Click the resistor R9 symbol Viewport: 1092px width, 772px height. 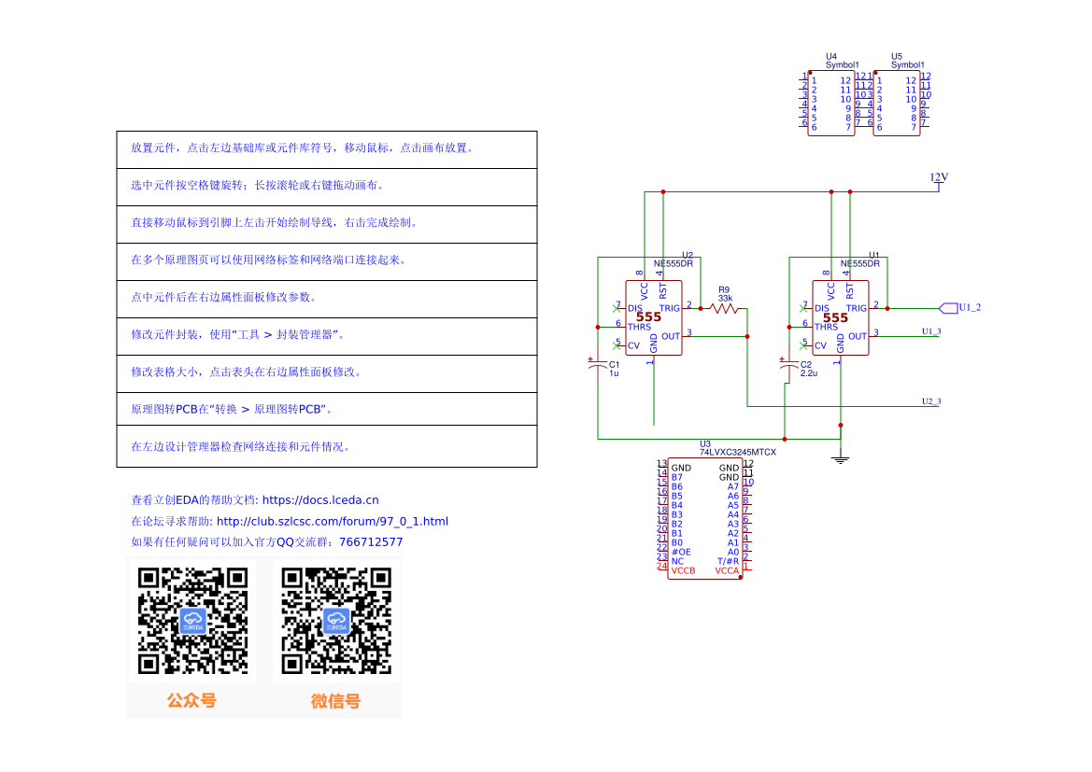(x=723, y=307)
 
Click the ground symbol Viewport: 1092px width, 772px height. (x=841, y=457)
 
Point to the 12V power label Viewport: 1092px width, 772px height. (x=939, y=177)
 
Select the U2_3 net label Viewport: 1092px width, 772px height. (x=931, y=401)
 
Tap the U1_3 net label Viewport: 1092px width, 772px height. (x=931, y=331)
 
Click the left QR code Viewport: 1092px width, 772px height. (x=191, y=621)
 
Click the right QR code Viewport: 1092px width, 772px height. (x=336, y=621)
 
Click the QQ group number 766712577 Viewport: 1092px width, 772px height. (x=371, y=541)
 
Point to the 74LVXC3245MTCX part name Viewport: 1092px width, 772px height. (x=738, y=452)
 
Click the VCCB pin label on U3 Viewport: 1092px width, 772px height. (x=683, y=570)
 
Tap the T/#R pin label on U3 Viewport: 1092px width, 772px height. (x=728, y=561)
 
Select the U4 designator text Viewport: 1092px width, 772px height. (x=831, y=56)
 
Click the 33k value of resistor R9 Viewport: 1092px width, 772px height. (x=725, y=298)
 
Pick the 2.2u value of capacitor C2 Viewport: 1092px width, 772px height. (x=809, y=373)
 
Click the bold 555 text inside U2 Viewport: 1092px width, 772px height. (x=648, y=317)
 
